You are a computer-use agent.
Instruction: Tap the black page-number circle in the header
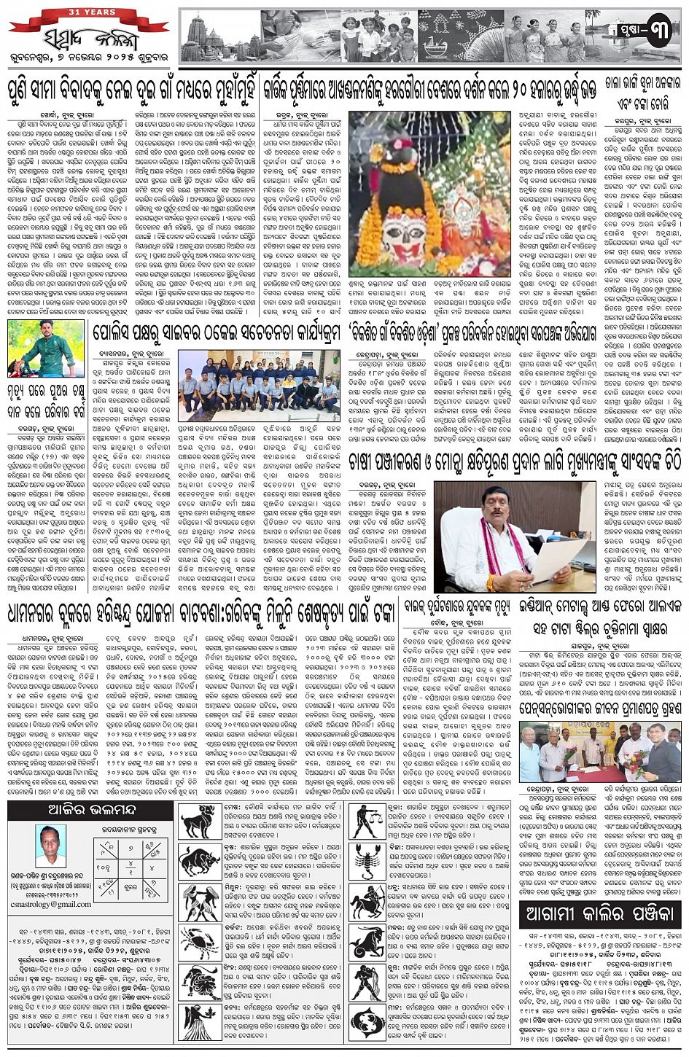point(658,34)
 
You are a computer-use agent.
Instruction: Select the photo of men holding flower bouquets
point(600,752)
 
